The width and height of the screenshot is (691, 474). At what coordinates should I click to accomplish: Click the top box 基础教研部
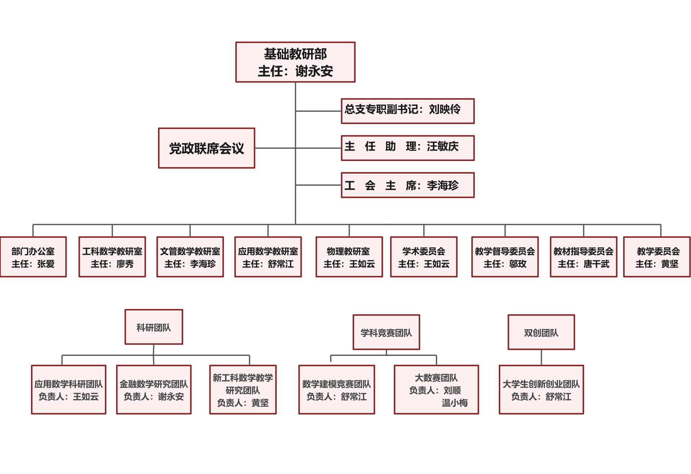coord(295,62)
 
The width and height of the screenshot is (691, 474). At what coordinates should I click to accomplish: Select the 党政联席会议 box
coord(207,148)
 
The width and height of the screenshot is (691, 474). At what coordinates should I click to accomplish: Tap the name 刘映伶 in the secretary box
coord(444,109)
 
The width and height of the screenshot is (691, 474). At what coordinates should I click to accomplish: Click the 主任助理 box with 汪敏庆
coord(407,148)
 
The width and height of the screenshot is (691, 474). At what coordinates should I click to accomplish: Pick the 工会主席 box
coord(407,185)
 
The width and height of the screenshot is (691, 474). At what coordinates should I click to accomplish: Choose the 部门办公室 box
coord(33,257)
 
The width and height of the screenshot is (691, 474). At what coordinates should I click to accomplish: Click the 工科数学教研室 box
coord(112,257)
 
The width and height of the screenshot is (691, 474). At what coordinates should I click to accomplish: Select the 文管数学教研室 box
coord(190,257)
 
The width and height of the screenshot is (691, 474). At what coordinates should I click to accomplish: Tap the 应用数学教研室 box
coord(268,257)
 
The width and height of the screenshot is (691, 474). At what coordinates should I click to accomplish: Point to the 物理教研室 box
coord(349,257)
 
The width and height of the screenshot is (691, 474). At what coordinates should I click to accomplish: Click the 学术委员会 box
coord(424,257)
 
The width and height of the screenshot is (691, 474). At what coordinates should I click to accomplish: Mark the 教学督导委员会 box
coord(505,257)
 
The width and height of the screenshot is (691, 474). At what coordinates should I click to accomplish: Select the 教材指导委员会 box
coord(583,257)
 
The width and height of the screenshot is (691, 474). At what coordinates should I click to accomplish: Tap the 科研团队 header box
coord(154,327)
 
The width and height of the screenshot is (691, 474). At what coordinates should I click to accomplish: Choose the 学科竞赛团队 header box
coord(386,332)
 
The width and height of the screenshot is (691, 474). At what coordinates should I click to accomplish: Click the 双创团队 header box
coord(541,332)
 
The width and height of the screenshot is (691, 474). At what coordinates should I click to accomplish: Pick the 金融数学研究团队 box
coord(154,390)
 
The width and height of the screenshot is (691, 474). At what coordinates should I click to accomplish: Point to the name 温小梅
coord(455,403)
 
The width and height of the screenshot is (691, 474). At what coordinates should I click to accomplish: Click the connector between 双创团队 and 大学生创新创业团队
coord(541,357)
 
